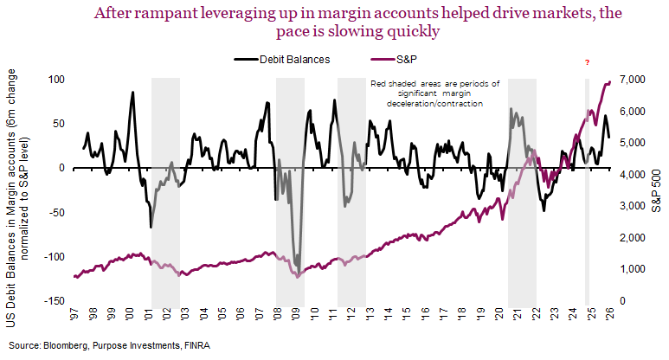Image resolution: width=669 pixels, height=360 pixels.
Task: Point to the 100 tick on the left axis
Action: [x=57, y=80]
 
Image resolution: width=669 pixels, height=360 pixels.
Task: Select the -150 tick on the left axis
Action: [x=54, y=301]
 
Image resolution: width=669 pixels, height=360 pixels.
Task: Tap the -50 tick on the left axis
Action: [x=56, y=212]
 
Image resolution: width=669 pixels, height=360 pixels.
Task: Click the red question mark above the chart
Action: [x=588, y=63]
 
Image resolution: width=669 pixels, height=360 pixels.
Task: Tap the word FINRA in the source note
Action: [x=194, y=345]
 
